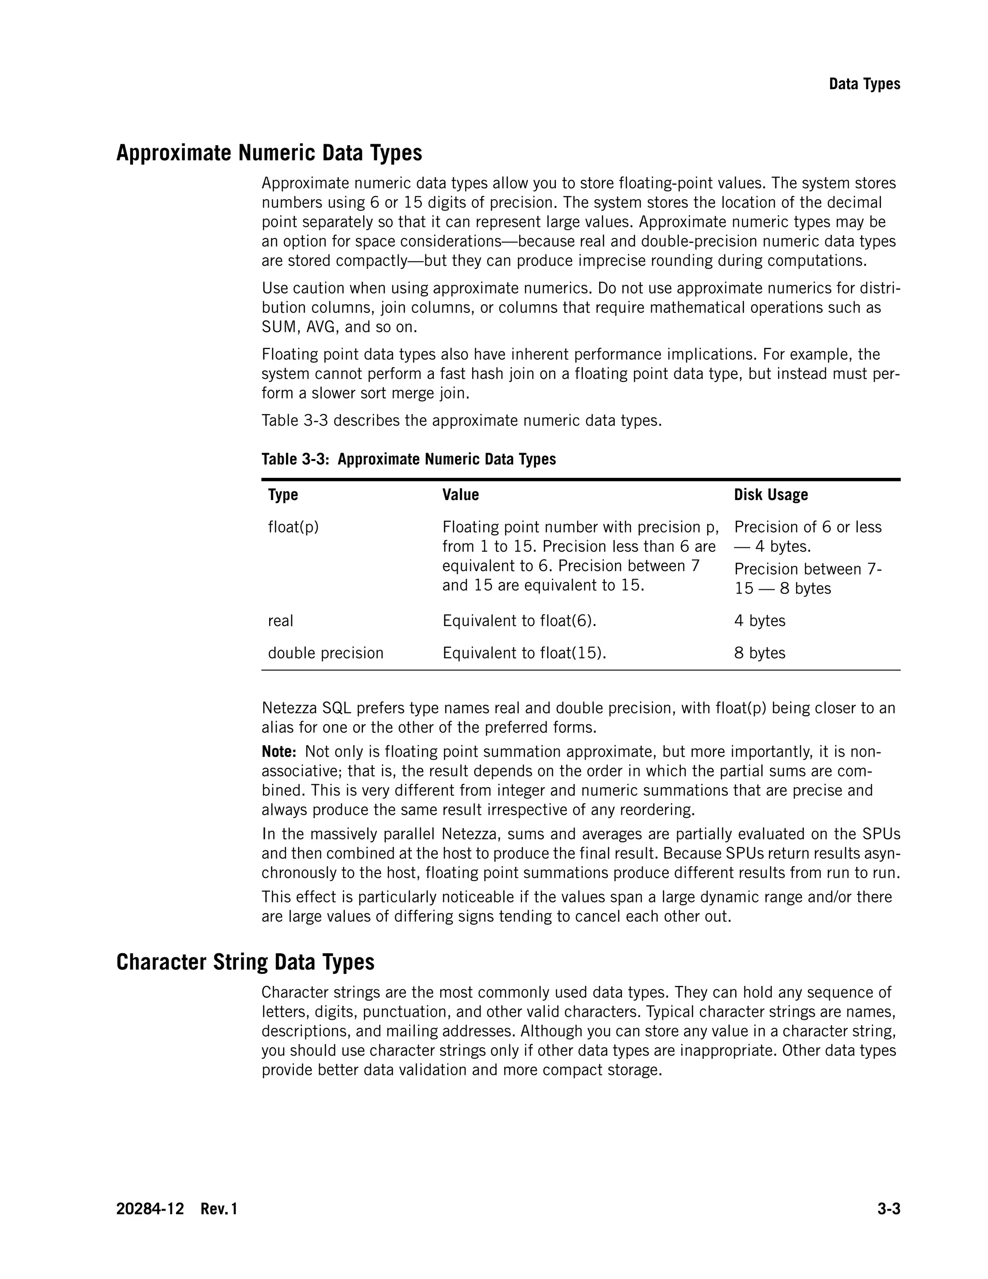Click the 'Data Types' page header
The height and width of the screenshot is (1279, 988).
point(864,84)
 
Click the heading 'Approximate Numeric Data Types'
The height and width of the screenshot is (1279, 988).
point(269,153)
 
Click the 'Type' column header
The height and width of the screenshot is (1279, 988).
point(283,495)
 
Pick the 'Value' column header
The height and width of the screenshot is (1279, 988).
point(460,495)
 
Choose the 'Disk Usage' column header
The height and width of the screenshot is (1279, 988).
point(771,495)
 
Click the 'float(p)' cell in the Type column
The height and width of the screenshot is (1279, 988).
point(293,527)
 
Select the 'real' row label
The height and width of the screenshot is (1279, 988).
point(280,621)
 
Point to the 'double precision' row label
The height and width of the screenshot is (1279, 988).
point(326,653)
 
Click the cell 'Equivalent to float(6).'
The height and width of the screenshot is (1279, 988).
point(519,621)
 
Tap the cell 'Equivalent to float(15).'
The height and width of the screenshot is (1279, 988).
point(524,653)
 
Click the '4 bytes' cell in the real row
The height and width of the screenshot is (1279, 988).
point(759,621)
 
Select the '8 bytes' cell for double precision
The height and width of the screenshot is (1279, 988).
point(759,653)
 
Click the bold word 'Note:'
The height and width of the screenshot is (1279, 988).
point(279,752)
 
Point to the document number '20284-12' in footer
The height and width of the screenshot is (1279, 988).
point(150,1209)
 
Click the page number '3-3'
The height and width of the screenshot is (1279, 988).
point(888,1209)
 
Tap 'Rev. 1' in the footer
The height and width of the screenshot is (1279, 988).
point(219,1209)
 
